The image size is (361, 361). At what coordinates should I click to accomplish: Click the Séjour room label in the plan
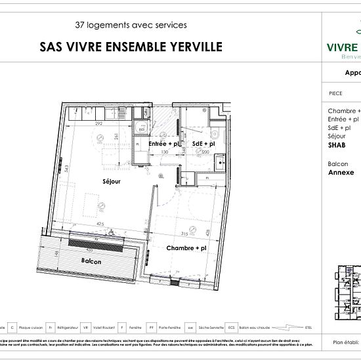pyautogui.click(x=111, y=182)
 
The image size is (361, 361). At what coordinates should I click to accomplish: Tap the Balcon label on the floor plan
pyautogui.click(x=91, y=261)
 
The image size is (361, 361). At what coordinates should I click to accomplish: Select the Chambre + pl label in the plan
pyautogui.click(x=186, y=248)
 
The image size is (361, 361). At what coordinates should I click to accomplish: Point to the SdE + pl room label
pyautogui.click(x=203, y=143)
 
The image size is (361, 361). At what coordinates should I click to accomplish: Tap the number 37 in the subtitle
pyautogui.click(x=81, y=25)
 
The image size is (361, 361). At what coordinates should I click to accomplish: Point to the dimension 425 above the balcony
pyautogui.click(x=100, y=224)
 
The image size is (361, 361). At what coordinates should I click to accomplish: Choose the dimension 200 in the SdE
pyautogui.click(x=205, y=152)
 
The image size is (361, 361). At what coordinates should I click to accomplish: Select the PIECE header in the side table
pyautogui.click(x=335, y=93)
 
